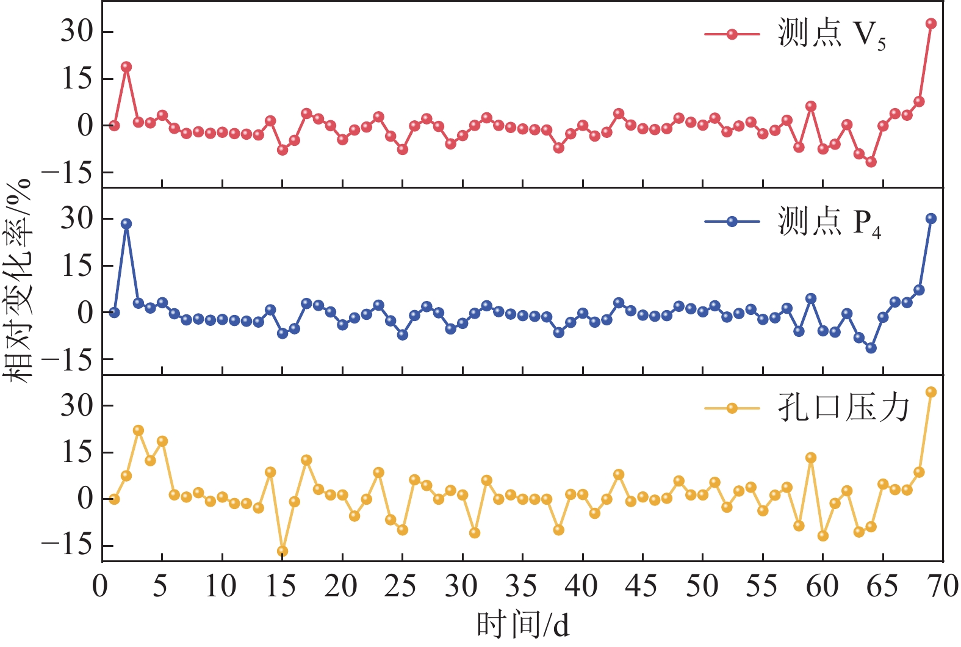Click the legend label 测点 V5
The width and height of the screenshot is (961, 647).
831,34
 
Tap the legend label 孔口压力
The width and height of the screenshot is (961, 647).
844,408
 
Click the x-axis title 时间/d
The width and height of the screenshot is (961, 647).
523,625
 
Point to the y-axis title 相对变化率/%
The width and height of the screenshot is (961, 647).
17,281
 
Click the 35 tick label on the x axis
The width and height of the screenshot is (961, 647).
522,587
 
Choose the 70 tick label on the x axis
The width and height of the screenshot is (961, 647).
943,587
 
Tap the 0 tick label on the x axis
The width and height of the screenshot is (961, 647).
101,587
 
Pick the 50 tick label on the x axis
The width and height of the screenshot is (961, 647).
702,587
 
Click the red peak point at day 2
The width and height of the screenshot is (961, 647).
126,67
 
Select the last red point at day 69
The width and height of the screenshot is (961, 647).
931,24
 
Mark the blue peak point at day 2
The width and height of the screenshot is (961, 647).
126,224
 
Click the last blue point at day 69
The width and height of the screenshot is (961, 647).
931,219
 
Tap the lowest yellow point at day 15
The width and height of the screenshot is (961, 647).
283,551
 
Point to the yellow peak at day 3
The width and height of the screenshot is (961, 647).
139,430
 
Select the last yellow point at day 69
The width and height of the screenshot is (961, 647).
931,392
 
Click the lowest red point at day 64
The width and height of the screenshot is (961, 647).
871,162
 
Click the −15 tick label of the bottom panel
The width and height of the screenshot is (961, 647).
70,546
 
